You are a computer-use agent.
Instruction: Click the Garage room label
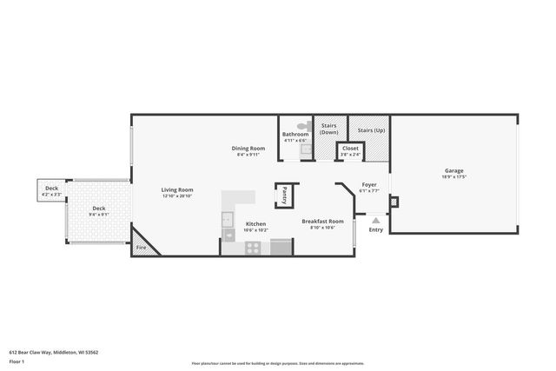tap(453, 171)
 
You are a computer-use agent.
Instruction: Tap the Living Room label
tap(177, 190)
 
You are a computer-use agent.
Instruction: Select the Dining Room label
tap(247, 148)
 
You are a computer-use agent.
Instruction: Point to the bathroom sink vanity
tap(305, 149)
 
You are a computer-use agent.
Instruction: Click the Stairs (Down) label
tap(329, 129)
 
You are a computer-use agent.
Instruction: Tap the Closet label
tap(350, 149)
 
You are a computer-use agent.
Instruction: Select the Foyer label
tap(368, 184)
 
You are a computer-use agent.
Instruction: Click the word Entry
tap(375, 230)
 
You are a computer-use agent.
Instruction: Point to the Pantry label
tap(284, 195)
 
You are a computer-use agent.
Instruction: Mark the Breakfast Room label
tap(322, 222)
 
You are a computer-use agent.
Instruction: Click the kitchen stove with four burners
tap(253, 247)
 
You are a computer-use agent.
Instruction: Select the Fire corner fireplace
tap(143, 243)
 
